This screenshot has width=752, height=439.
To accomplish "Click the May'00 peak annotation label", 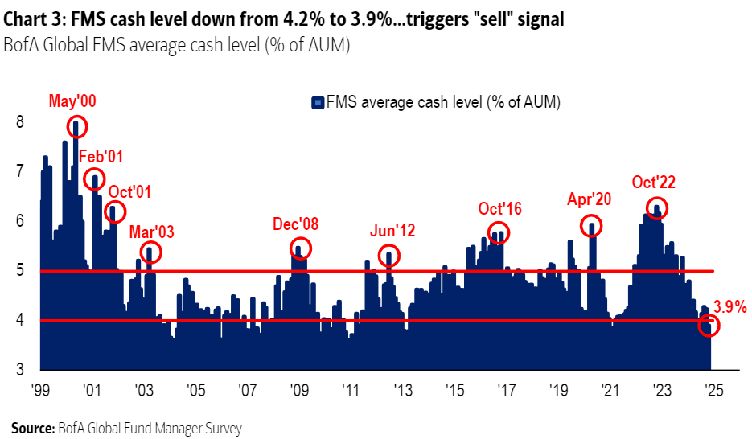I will click(72, 101).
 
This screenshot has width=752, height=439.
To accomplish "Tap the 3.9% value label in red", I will click(730, 306).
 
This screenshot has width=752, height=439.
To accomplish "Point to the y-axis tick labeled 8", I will click(19, 122).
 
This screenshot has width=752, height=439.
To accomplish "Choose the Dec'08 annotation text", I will click(296, 224).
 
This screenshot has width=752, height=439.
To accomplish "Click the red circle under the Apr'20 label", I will click(591, 226).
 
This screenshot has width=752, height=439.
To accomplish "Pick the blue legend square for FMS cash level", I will click(318, 102).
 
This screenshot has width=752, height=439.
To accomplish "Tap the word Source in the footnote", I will click(32, 428).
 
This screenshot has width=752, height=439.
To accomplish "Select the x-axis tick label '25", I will click(711, 391).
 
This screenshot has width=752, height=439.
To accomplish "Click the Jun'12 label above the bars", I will click(392, 232).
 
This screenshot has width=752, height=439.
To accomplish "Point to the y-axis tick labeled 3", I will click(19, 370).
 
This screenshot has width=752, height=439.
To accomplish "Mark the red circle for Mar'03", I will click(150, 252).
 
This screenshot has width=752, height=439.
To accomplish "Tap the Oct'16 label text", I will click(499, 209).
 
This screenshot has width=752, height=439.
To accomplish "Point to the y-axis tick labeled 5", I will click(19, 271).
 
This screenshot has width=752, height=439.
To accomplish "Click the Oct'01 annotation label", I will click(129, 191).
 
